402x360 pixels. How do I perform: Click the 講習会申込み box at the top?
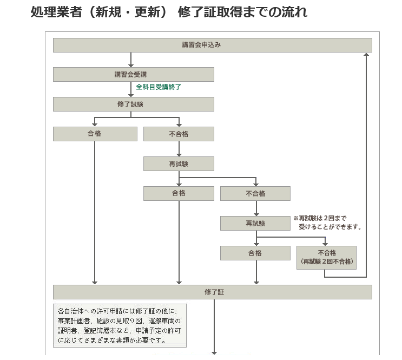click(212, 45)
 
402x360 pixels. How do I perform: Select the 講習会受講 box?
click(133, 74)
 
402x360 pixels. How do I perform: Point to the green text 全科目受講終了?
click(158, 87)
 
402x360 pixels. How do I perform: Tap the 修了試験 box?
click(133, 104)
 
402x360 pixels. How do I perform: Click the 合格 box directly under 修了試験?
click(95, 134)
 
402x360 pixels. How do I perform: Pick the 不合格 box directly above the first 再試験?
click(179, 134)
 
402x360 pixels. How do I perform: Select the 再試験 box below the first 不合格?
click(179, 163)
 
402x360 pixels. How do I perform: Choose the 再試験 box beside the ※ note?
click(255, 223)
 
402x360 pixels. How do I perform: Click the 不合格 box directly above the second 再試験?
click(255, 193)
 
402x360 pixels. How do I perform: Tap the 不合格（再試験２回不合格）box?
click(327, 257)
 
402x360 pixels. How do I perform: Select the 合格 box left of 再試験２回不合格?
click(255, 253)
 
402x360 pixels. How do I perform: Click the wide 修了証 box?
click(212, 292)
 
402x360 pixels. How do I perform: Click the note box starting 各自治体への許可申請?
click(120, 325)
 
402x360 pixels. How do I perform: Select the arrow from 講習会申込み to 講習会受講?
click(131, 59)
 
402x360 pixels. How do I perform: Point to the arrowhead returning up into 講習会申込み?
click(367, 55)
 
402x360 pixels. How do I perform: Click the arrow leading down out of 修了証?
click(215, 325)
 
